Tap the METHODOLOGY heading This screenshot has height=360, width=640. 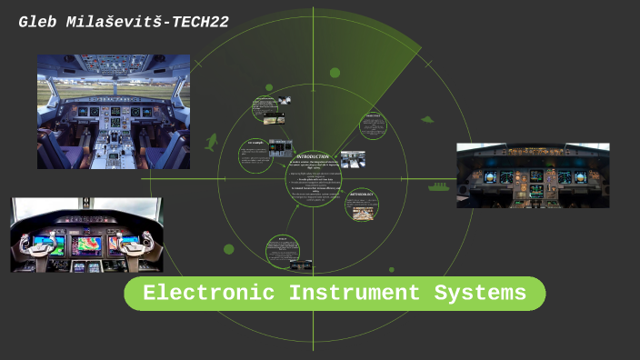[362, 195]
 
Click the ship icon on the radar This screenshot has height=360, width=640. [439, 187]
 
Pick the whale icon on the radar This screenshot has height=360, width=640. [212, 142]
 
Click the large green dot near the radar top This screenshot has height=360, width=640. [335, 72]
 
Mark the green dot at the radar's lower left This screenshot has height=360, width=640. [228, 249]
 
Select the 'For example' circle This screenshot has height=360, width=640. [255, 155]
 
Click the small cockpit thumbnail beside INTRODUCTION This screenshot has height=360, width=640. [353, 158]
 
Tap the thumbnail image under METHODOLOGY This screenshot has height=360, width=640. [361, 212]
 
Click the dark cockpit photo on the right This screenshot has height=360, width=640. [533, 175]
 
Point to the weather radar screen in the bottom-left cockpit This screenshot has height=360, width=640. [87, 244]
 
